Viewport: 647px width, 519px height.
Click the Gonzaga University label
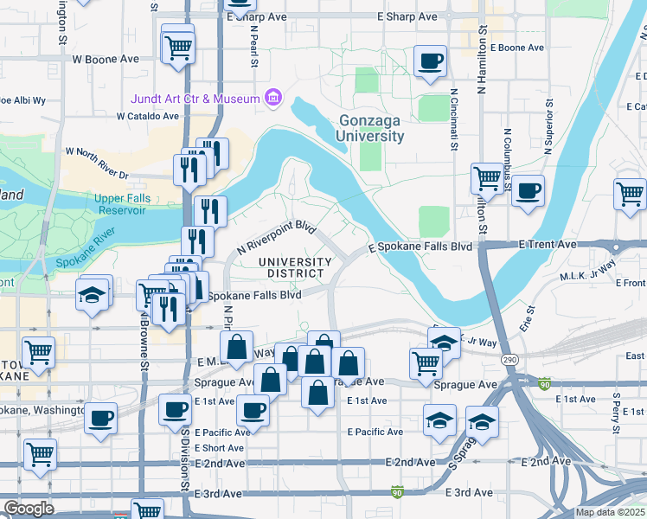click(370, 128)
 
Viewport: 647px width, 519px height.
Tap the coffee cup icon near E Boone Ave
click(430, 61)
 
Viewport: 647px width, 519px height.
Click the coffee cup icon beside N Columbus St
click(527, 190)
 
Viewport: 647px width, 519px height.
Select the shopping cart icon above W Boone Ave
click(177, 47)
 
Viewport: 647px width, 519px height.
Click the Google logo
click(29, 509)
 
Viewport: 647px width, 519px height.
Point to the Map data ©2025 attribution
click(610, 512)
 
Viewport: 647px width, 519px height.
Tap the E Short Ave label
click(219, 447)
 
